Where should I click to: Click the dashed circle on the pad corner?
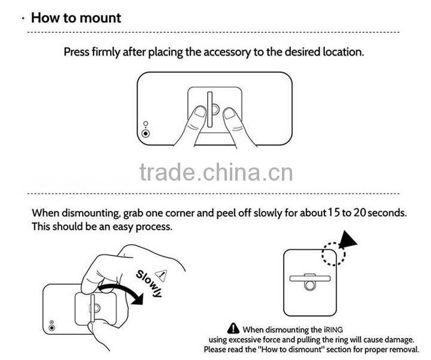(x=333, y=254)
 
